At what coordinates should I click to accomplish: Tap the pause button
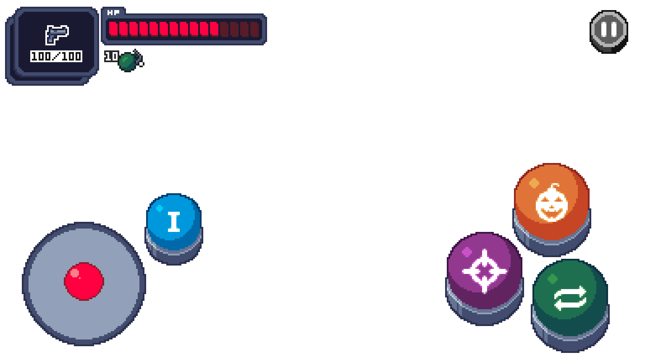pyautogui.click(x=609, y=30)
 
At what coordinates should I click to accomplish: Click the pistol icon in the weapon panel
pyautogui.click(x=57, y=34)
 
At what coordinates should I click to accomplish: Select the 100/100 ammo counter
pyautogui.click(x=56, y=56)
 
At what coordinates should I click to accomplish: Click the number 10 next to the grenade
pyautogui.click(x=111, y=56)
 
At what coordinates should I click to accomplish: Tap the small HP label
pyautogui.click(x=113, y=13)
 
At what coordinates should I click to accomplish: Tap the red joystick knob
pyautogui.click(x=84, y=281)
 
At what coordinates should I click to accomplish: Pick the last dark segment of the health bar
pyautogui.click(x=254, y=29)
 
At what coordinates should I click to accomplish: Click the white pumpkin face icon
pyautogui.click(x=551, y=203)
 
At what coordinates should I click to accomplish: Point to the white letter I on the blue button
pyautogui.click(x=174, y=221)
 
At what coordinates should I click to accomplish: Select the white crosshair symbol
pyautogui.click(x=485, y=271)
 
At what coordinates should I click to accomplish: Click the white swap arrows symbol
pyautogui.click(x=570, y=298)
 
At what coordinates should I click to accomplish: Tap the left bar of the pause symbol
pyautogui.click(x=604, y=29)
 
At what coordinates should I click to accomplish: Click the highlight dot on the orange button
pyautogui.click(x=534, y=183)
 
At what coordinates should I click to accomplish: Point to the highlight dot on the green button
pyautogui.click(x=553, y=279)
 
